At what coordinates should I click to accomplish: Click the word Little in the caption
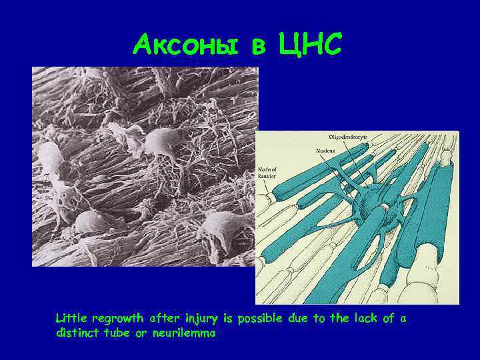[71, 319]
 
